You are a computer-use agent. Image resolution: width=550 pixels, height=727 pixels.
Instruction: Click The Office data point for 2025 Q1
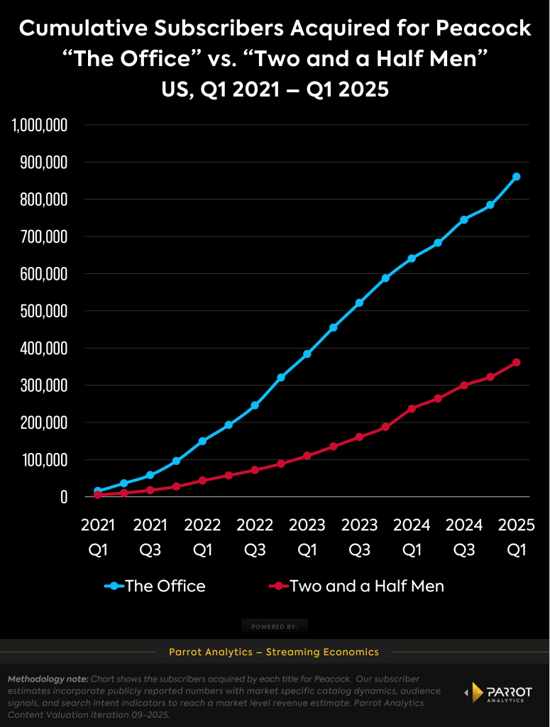517,177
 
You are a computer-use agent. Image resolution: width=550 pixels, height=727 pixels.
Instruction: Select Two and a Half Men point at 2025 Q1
517,363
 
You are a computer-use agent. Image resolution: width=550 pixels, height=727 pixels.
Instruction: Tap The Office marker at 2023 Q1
307,354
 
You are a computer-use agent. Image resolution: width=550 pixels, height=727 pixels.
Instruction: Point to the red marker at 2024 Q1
412,409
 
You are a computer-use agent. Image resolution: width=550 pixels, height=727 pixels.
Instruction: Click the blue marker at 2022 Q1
202,442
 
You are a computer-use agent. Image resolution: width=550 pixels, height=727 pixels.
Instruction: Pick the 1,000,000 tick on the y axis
40,126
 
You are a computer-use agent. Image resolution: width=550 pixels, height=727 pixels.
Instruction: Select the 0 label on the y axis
64,497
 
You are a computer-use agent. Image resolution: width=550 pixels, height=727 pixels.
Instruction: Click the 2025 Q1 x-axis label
517,537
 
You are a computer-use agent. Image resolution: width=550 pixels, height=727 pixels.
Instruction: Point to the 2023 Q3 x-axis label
360,537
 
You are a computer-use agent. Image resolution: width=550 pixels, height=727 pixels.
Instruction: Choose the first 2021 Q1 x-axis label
98,537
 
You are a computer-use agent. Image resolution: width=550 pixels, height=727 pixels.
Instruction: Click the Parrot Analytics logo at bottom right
497,693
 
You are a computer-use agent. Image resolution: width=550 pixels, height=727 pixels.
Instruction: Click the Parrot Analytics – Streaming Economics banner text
274,652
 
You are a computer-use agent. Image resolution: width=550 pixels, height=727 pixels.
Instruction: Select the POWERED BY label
274,627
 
